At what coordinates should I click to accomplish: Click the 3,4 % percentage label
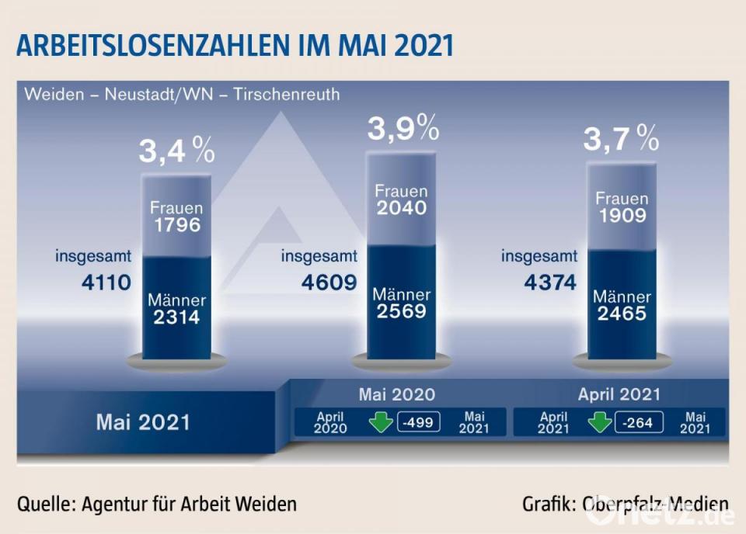point(176,151)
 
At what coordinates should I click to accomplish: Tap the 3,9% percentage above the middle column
point(403,129)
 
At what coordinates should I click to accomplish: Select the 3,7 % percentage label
point(621,140)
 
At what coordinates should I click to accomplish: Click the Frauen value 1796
point(176,226)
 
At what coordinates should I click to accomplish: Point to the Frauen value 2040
point(401,207)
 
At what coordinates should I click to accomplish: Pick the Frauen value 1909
point(621,215)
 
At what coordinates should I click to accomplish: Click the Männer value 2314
point(176,317)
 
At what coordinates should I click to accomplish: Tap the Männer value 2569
point(401,310)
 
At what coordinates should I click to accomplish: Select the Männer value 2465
point(621,314)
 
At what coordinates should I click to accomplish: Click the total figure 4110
point(107,283)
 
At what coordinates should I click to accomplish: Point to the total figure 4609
point(329,282)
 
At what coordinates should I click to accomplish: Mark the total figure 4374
point(550,282)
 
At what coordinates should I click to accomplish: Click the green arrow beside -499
point(382,422)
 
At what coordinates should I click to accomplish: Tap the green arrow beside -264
point(601,422)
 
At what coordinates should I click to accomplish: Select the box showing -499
point(419,422)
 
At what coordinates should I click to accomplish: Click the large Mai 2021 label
point(143,422)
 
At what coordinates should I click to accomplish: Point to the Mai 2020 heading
point(396,394)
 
